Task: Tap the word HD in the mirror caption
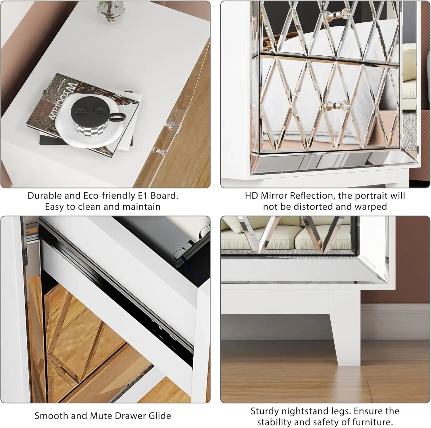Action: click(252, 196)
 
